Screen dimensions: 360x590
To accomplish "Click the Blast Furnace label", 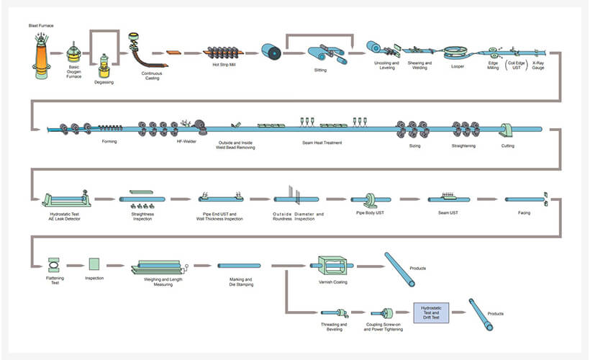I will [x=41, y=26].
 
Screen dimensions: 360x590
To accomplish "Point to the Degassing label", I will [x=104, y=82].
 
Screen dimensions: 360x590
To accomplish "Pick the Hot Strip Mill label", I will [x=224, y=65].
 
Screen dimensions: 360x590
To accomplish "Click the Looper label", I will [x=458, y=66].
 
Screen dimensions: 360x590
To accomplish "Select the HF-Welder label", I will [x=186, y=141].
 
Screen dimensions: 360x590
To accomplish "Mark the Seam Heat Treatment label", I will [x=322, y=143].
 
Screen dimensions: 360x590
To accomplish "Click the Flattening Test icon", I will [x=53, y=264].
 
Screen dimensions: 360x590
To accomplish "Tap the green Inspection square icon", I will [x=94, y=264].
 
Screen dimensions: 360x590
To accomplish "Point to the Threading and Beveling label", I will [x=332, y=327].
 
